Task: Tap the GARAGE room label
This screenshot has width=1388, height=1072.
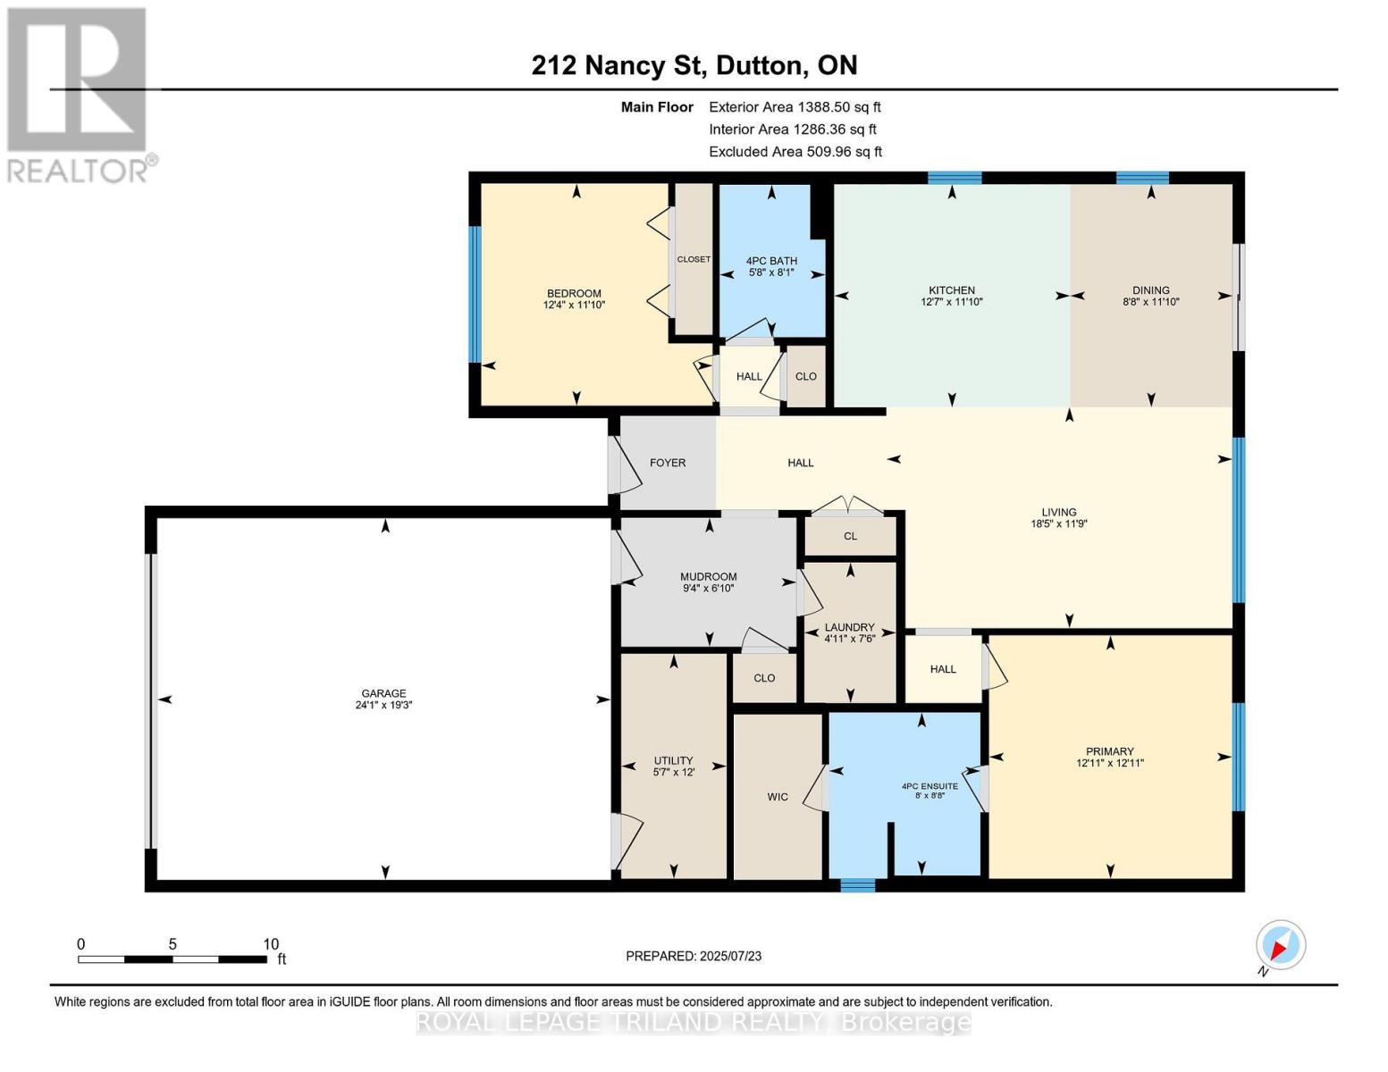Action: (x=383, y=693)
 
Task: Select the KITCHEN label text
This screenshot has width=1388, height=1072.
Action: (x=951, y=290)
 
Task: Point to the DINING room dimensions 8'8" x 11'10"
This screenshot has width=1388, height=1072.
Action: (x=1150, y=302)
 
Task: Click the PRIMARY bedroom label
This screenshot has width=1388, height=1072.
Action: (x=1109, y=751)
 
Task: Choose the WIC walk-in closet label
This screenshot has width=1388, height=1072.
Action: (x=777, y=797)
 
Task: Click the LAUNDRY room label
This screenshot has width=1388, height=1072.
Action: (x=849, y=627)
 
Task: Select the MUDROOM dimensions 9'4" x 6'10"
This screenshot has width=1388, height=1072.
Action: (x=708, y=589)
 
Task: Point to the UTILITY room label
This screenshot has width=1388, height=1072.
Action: (x=673, y=760)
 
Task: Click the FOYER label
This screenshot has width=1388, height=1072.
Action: (x=668, y=463)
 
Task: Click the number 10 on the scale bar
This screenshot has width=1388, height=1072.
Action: (x=271, y=944)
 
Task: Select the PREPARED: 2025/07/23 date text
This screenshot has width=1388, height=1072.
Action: (x=694, y=956)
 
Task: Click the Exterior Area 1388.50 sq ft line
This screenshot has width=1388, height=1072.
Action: (x=795, y=106)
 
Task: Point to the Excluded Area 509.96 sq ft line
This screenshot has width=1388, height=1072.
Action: (x=795, y=152)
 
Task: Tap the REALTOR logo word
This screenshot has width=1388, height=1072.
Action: (x=79, y=170)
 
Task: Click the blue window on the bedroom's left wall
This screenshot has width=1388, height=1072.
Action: (x=475, y=294)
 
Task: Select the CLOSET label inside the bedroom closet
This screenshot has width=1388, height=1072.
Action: (x=694, y=259)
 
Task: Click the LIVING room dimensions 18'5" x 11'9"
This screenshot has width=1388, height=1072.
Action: (x=1058, y=524)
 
